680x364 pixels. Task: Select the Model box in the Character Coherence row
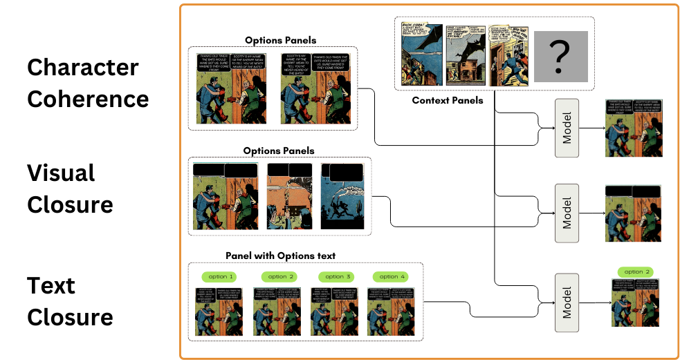coord(567,127)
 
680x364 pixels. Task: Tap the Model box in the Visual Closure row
coord(567,213)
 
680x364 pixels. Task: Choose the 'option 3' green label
coord(334,277)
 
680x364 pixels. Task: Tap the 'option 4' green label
coord(390,277)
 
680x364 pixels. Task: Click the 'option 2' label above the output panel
coord(634,272)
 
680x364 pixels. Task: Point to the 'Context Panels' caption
coord(448,101)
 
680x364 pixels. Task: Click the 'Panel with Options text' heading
coord(280,256)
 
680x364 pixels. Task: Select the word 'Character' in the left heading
coord(82,68)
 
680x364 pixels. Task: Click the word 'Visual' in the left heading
coord(61,173)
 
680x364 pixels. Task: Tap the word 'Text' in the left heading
coord(51,285)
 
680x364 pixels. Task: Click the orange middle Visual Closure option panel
coord(289,196)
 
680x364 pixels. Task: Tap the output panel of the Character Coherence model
coord(632,128)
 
